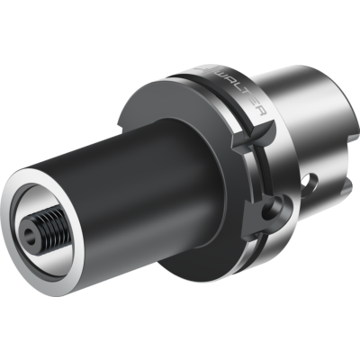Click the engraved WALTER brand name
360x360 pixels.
240,90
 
